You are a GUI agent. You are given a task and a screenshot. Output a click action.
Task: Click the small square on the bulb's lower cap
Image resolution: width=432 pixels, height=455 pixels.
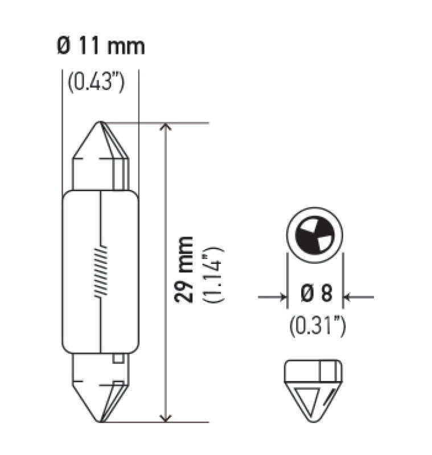(118, 359)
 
